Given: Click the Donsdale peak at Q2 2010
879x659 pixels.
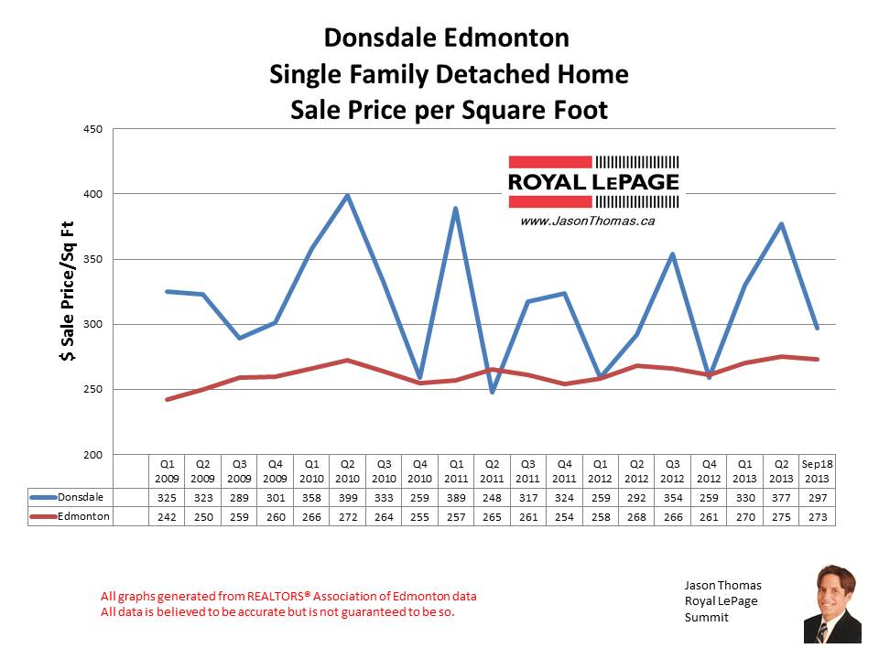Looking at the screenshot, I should [347, 195].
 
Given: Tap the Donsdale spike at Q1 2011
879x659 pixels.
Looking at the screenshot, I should [455, 209].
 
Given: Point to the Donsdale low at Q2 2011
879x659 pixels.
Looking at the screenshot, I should [492, 392].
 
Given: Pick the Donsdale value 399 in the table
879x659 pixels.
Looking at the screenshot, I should [347, 497].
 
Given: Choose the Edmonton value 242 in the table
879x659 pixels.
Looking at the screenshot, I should [167, 516].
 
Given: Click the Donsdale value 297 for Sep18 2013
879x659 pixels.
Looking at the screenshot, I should [816, 497].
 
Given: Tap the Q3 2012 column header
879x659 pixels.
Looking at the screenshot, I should [672, 470].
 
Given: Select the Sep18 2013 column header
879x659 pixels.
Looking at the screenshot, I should [816, 470].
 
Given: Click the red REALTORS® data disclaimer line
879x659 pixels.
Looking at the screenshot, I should [288, 597].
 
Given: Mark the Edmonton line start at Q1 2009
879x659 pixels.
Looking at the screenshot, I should [167, 399].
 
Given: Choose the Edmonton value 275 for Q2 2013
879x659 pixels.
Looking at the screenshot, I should [780, 516].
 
